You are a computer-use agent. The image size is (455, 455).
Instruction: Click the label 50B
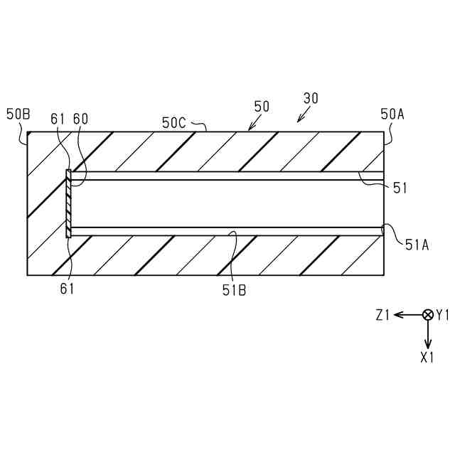pos(18,114)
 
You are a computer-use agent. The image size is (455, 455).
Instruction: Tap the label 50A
pos(392,114)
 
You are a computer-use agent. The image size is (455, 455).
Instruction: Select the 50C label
pos(173,122)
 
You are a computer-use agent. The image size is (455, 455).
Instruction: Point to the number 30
pos(311,99)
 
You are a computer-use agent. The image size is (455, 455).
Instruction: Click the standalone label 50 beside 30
pos(262,106)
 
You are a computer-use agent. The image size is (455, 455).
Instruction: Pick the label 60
pos(81,119)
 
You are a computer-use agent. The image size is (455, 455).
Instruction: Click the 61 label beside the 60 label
pos(58,119)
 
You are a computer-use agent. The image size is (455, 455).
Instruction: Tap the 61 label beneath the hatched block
pos(67,289)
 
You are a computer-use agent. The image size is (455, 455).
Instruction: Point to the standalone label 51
pos(401,188)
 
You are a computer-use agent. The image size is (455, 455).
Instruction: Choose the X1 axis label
pos(427,358)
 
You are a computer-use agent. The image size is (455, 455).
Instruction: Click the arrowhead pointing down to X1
pos(428,344)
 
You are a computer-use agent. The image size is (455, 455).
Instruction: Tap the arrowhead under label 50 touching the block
pos(249,129)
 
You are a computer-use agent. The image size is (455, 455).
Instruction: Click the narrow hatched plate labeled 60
pos(69,203)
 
